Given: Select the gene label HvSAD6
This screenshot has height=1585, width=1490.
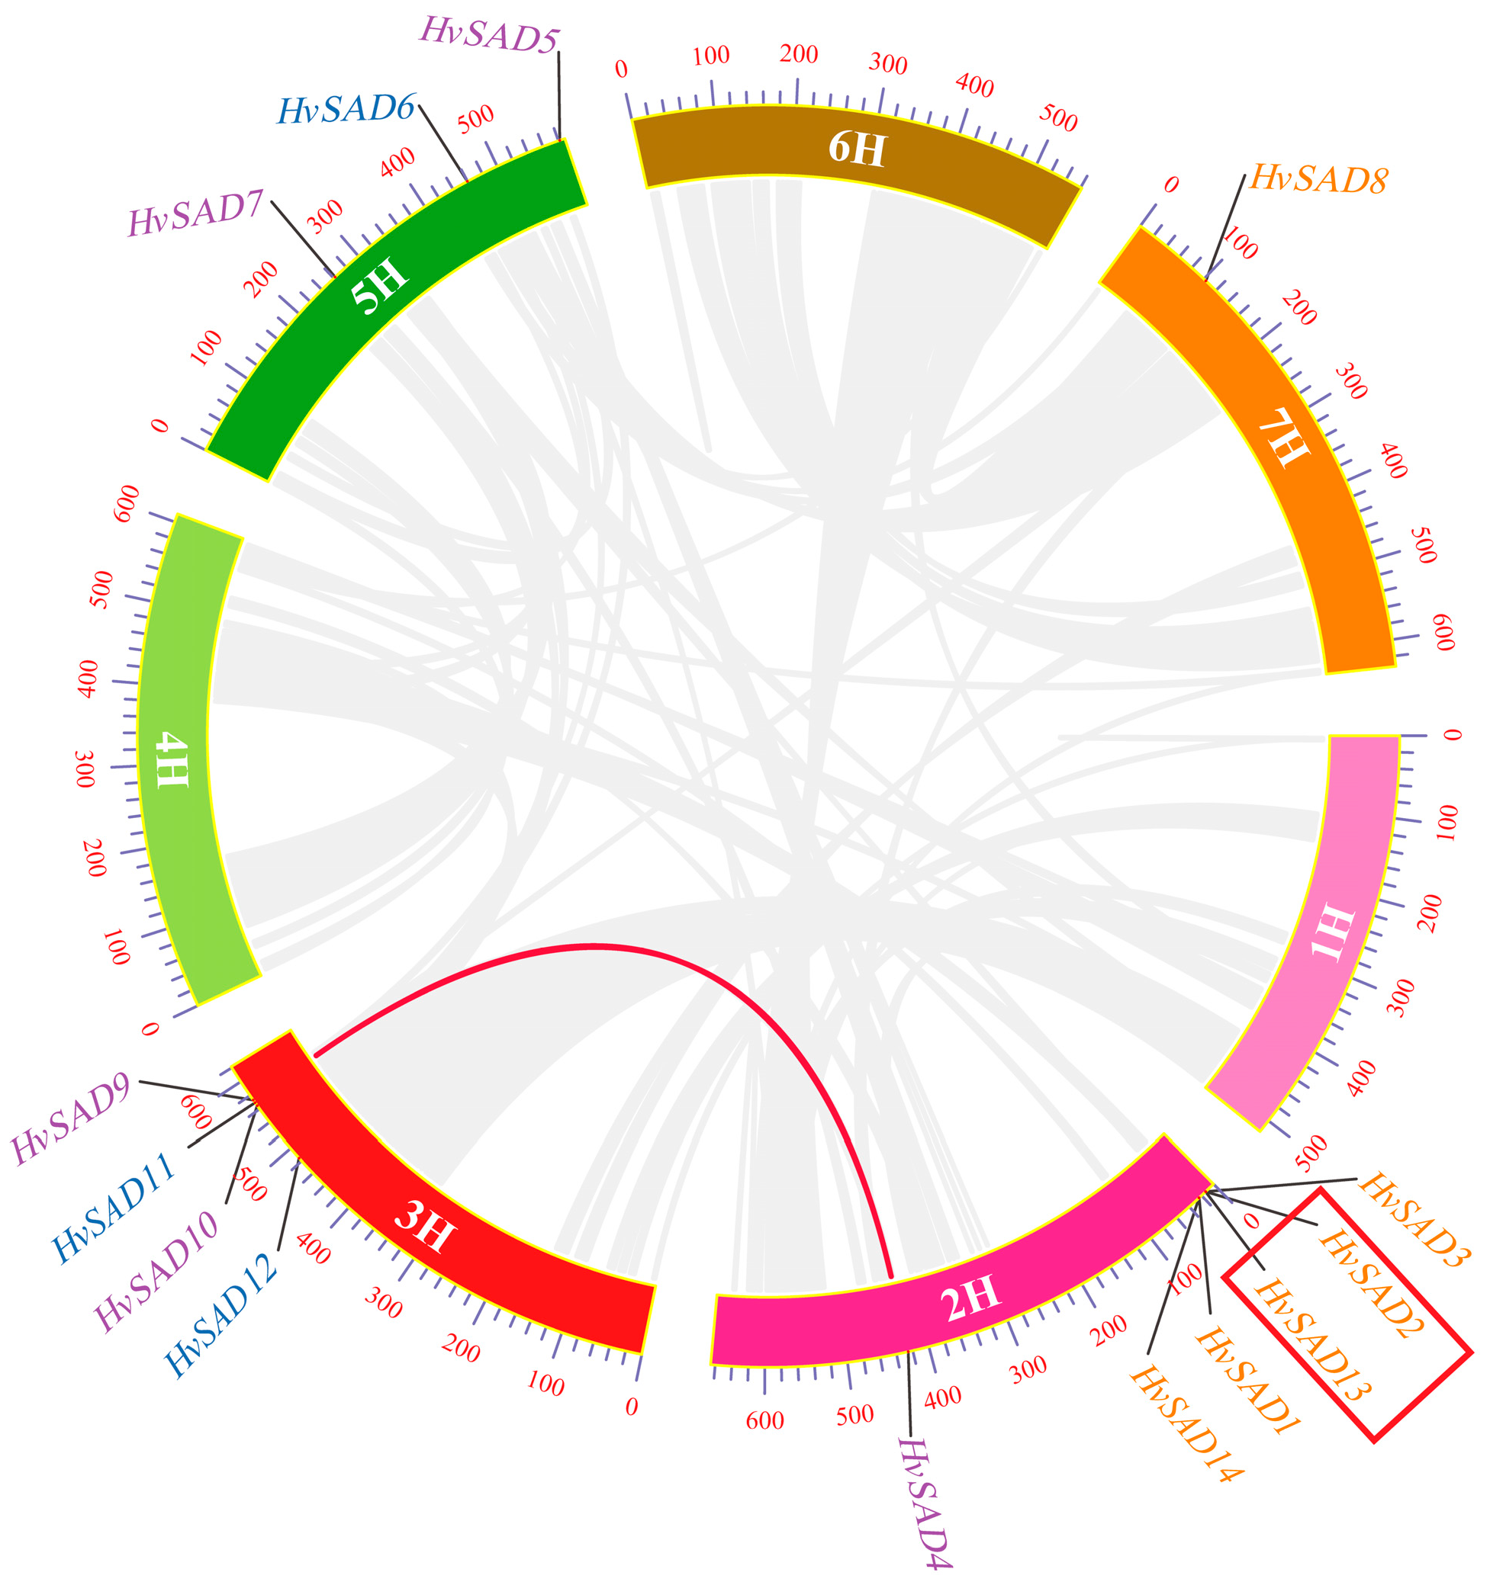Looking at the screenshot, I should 346,108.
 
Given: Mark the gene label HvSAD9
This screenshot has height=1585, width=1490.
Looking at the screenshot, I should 72,1121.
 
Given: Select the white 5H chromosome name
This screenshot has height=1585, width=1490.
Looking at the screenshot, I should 381,286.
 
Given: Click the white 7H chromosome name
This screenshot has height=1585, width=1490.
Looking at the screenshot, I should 1283,438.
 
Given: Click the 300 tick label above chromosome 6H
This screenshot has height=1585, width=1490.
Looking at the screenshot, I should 888,64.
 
